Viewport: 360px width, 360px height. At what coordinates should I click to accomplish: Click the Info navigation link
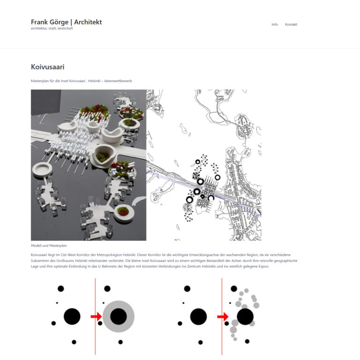click(275, 24)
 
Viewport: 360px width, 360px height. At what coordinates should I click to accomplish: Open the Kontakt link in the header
click(291, 24)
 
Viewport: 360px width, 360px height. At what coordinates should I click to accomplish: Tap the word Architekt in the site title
click(88, 22)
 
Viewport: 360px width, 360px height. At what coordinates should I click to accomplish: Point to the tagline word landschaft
click(65, 28)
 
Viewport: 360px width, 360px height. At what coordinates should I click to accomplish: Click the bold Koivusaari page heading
click(47, 67)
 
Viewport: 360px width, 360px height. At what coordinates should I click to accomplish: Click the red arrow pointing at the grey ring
click(96, 317)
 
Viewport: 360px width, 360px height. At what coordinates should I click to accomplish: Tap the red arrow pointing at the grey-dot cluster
click(223, 317)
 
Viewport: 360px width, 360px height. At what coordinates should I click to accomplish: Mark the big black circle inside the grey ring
click(119, 317)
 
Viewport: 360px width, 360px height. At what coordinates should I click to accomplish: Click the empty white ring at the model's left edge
click(42, 168)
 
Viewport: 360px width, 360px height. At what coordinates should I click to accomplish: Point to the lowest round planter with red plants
click(123, 212)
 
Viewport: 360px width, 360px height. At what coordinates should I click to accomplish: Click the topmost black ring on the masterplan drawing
click(198, 162)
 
